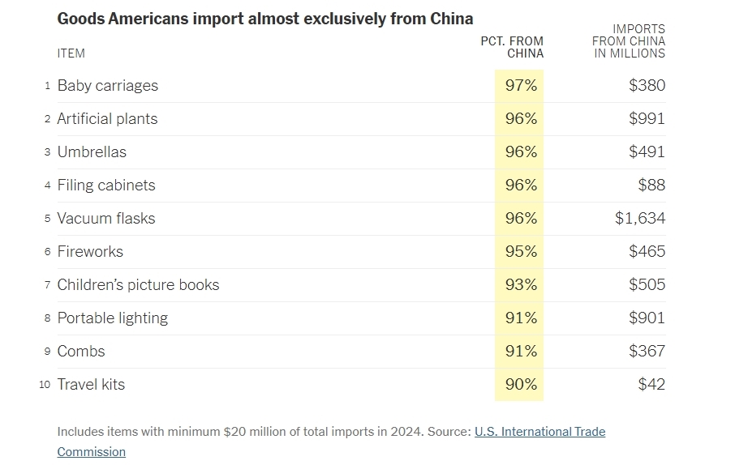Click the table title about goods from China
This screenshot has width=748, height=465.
coord(265,19)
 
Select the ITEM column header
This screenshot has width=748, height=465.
coord(71,53)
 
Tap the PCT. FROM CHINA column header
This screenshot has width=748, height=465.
coord(512,47)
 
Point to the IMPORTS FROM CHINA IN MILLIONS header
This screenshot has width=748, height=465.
coord(628,41)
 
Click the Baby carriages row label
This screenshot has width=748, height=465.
coord(107,86)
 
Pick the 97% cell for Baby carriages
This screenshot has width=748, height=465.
coord(521,86)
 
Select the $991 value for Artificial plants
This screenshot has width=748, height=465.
coord(647,119)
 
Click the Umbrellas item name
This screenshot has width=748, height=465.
coord(92,152)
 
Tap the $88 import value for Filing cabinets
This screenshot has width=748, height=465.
coord(651,186)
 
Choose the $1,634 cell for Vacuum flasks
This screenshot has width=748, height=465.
coord(640,219)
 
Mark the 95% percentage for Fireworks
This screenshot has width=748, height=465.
coord(521,252)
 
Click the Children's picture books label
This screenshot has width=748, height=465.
coord(138,285)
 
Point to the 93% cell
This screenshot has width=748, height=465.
coord(521,285)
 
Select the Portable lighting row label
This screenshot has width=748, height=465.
coord(112,318)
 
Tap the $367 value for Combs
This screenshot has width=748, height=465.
coord(647,352)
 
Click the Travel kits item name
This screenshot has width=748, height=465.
coord(91,385)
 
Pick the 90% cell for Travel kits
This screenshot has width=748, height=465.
coord(521,385)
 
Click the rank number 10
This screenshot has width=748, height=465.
coord(45,385)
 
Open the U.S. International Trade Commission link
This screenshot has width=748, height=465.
coord(540,432)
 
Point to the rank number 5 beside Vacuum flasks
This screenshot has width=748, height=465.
coord(48,219)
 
